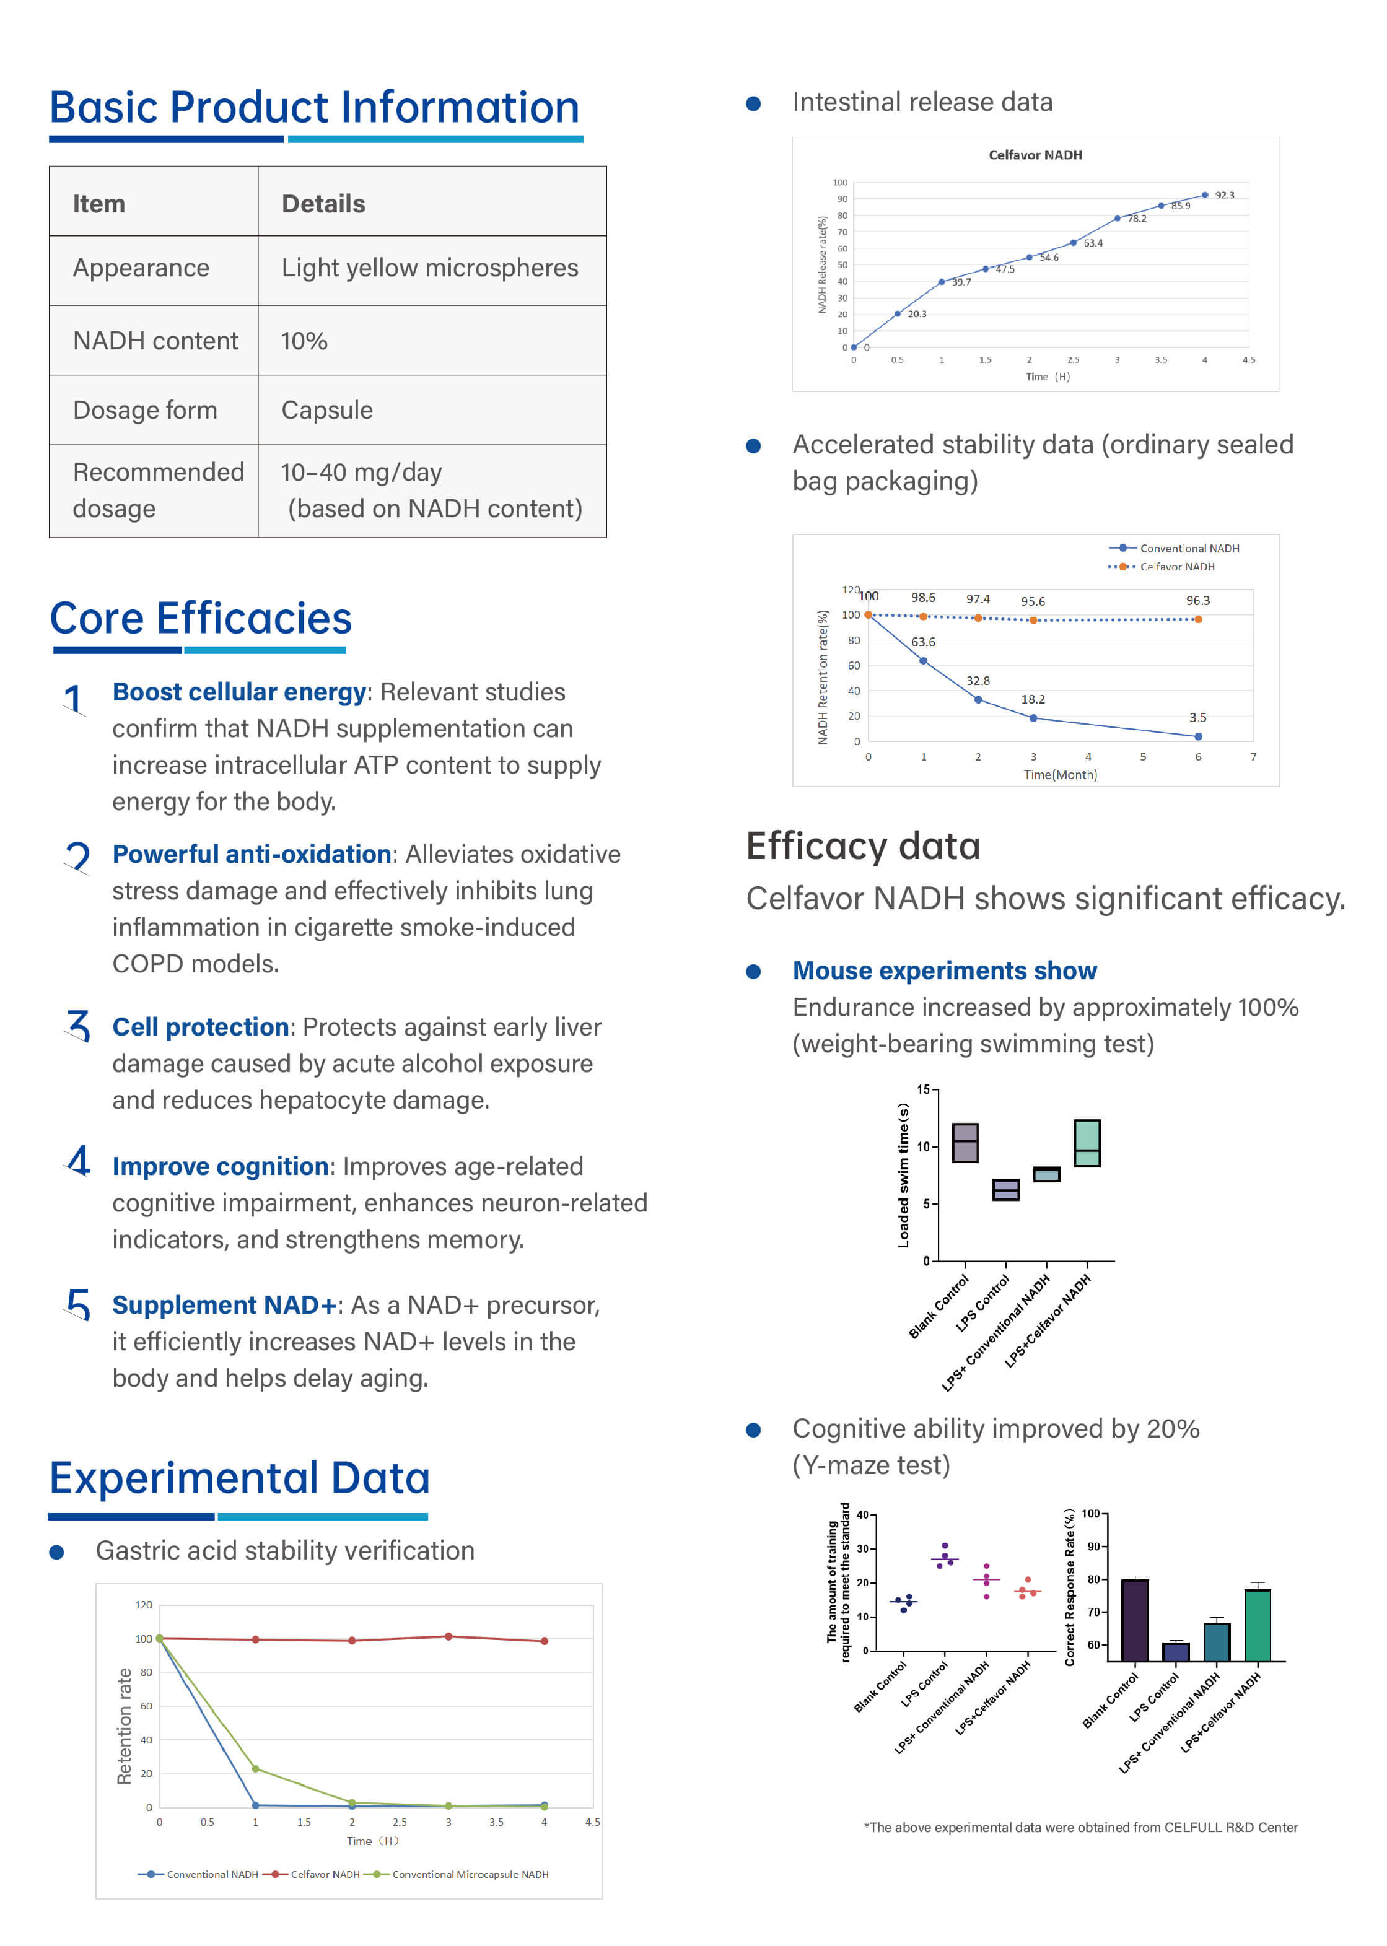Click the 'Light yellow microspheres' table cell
click(429, 268)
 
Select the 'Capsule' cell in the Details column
click(327, 411)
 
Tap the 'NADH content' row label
click(155, 341)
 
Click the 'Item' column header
click(99, 204)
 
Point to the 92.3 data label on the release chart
click(1224, 196)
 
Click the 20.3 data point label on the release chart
click(916, 314)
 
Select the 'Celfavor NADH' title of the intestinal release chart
click(1035, 155)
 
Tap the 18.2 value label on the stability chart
click(1033, 699)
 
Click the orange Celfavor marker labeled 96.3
click(1198, 620)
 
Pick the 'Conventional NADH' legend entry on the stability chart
click(1189, 548)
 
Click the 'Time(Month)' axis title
click(1060, 774)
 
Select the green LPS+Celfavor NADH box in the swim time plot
click(1087, 1143)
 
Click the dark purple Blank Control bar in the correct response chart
click(1134, 1620)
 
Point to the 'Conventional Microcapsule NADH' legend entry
click(470, 1874)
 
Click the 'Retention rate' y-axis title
click(125, 1726)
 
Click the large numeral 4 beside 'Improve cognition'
click(79, 1161)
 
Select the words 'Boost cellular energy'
click(239, 692)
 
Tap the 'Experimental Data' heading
click(239, 1478)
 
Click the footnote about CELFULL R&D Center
click(1080, 1827)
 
